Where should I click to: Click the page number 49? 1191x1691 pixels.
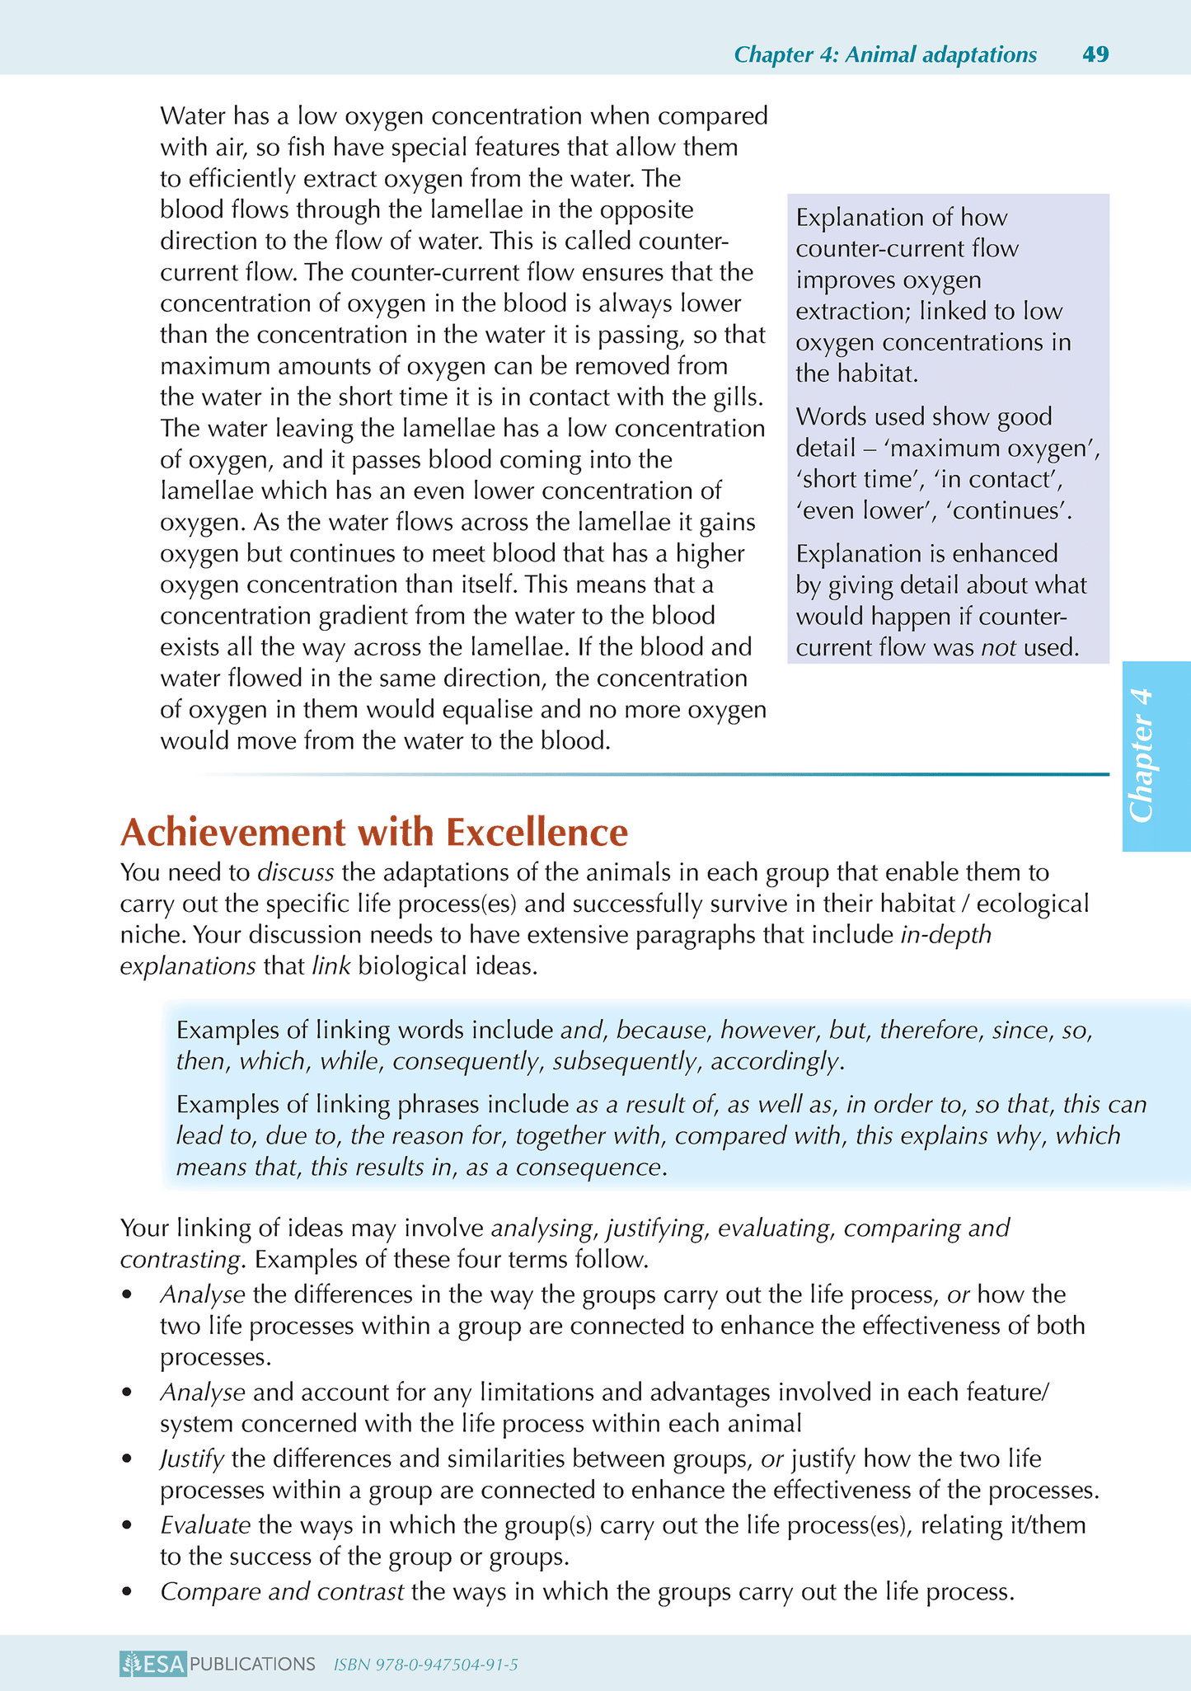click(x=1095, y=54)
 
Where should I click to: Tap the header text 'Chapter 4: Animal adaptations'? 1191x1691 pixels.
click(x=885, y=54)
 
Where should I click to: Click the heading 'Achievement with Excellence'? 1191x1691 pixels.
click(x=374, y=832)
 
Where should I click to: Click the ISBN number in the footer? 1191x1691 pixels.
click(x=425, y=1665)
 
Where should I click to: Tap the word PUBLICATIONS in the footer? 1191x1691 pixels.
click(x=252, y=1664)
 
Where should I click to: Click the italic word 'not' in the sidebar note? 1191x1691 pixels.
click(x=998, y=647)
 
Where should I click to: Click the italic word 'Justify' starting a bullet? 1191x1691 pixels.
click(x=192, y=1458)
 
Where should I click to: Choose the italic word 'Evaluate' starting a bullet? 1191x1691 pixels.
click(x=205, y=1524)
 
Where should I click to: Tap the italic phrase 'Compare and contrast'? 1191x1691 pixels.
click(x=282, y=1590)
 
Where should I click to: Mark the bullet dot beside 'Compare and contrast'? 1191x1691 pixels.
click(x=126, y=1591)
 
